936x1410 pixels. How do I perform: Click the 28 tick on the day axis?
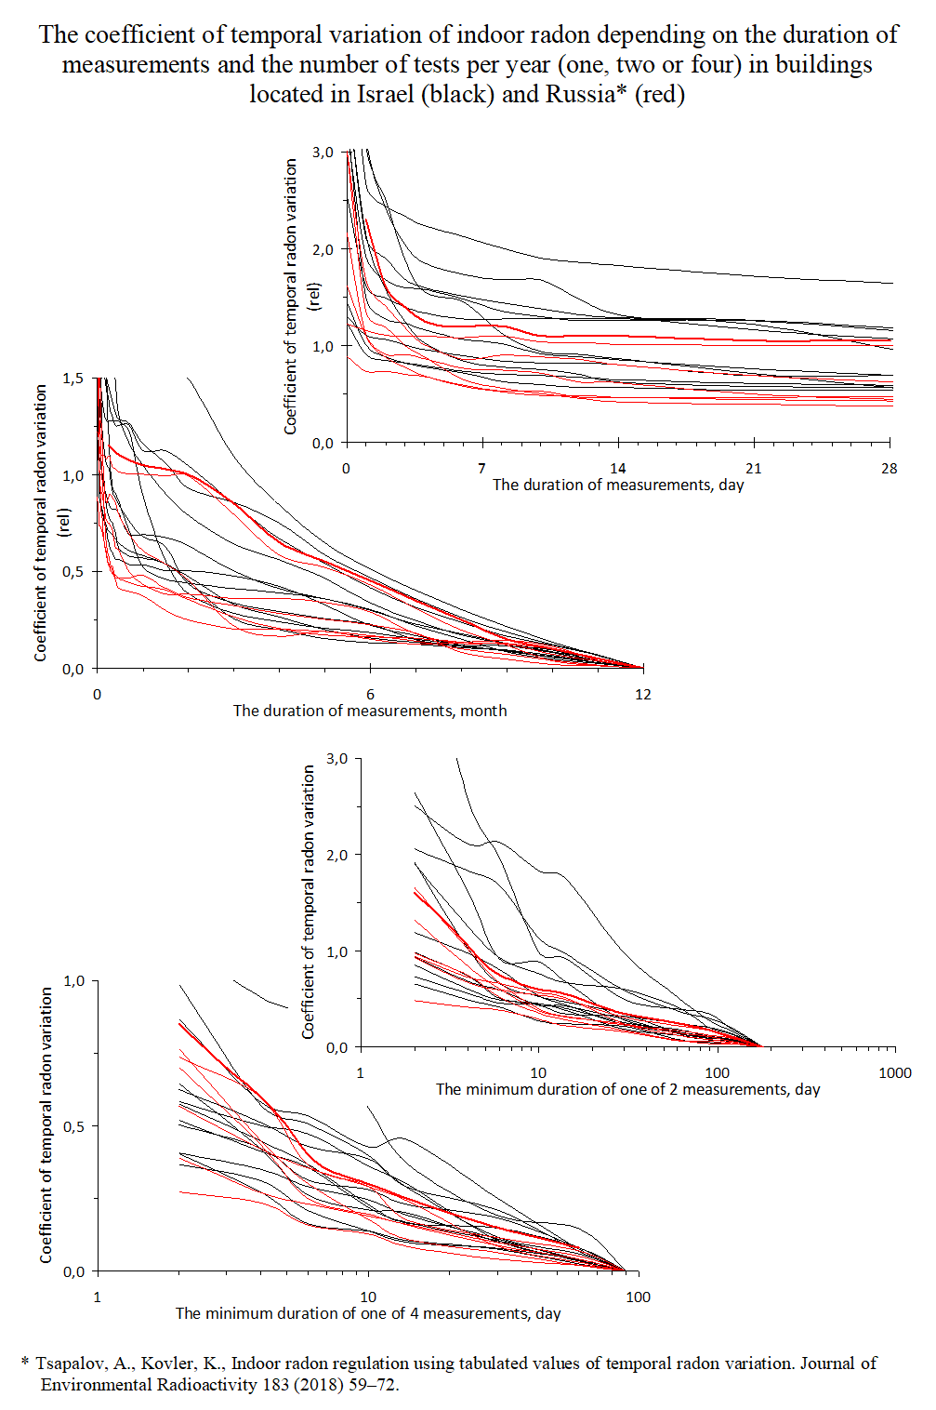890,468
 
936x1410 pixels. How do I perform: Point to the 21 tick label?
753,468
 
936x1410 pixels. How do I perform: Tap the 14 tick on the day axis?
617,468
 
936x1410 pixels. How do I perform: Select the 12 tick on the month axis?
643,694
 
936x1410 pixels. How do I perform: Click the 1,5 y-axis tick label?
73,379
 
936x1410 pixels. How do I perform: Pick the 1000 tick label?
895,1072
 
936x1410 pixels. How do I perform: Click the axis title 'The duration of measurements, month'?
370,711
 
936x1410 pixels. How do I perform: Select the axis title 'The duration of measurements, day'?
618,485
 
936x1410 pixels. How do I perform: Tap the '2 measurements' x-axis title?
628,1089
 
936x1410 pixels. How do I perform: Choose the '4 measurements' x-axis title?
368,1313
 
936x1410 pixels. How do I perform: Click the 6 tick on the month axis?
370,694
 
